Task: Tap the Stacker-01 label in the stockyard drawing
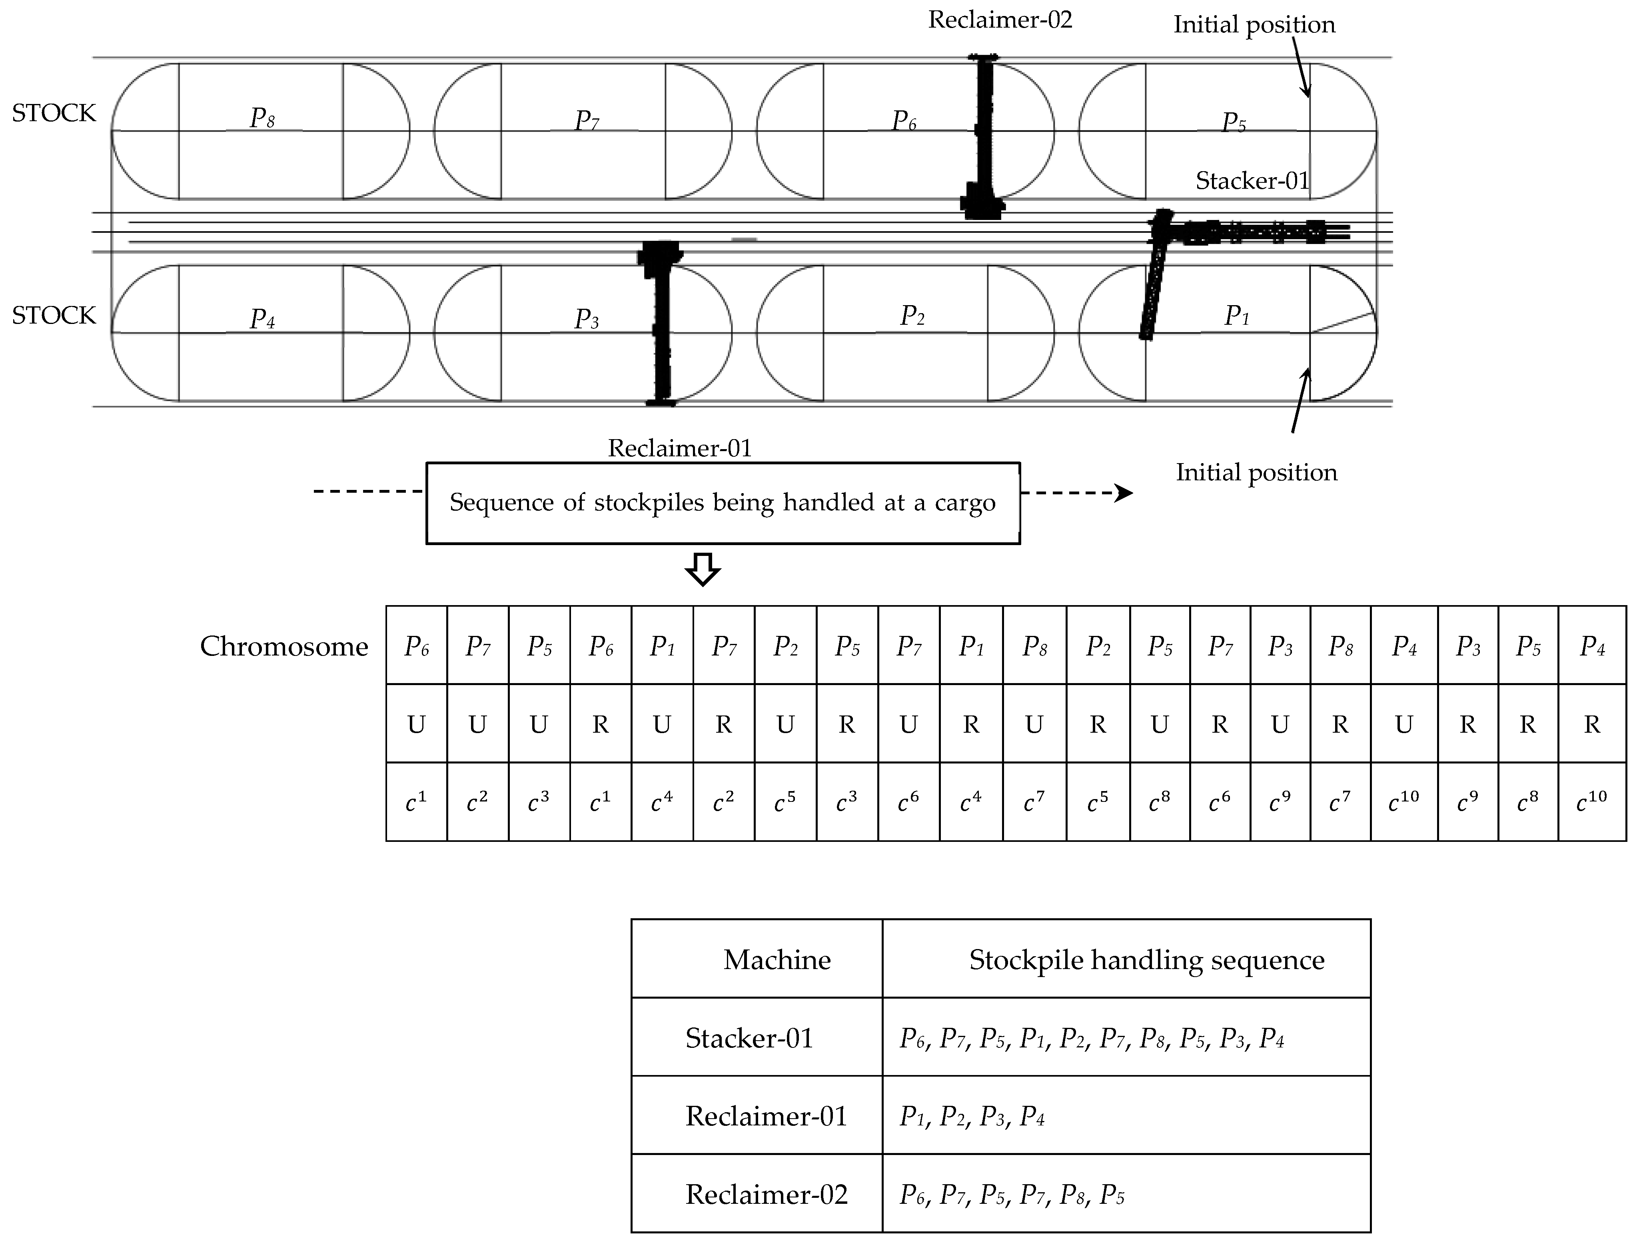pyautogui.click(x=1252, y=181)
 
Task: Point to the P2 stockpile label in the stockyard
pyautogui.click(x=912, y=316)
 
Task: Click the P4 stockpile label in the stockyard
pyautogui.click(x=262, y=319)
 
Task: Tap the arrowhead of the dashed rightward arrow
pyautogui.click(x=1124, y=493)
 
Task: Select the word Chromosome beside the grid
pyautogui.click(x=284, y=647)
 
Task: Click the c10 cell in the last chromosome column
pyautogui.click(x=1591, y=801)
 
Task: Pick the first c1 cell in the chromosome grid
pyautogui.click(x=416, y=801)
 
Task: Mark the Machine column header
pyautogui.click(x=777, y=959)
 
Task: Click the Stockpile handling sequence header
pyautogui.click(x=1146, y=959)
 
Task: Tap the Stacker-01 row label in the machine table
pyautogui.click(x=749, y=1038)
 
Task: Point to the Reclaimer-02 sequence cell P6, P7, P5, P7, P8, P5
pyautogui.click(x=1011, y=1195)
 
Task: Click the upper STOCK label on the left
pyautogui.click(x=54, y=113)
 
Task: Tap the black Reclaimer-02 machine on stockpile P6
pyautogui.click(x=984, y=140)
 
